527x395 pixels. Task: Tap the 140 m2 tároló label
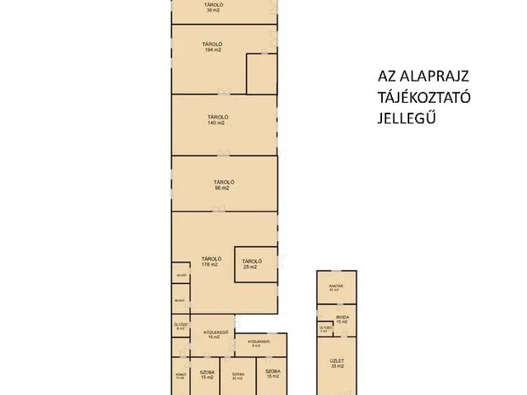(x=217, y=120)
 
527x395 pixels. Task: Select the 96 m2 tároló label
(x=220, y=184)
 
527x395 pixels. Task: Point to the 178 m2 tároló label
(x=209, y=261)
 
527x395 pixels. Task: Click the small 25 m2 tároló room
(x=250, y=264)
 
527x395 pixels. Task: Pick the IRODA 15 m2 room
(x=342, y=318)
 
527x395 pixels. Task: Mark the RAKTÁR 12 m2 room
(x=337, y=288)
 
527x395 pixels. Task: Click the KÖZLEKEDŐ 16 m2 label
(x=216, y=335)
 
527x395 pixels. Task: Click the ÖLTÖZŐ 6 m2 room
(x=180, y=327)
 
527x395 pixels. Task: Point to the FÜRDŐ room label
(x=180, y=377)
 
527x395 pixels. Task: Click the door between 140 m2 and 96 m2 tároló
(x=221, y=154)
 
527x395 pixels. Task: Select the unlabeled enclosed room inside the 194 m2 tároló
(x=263, y=75)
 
